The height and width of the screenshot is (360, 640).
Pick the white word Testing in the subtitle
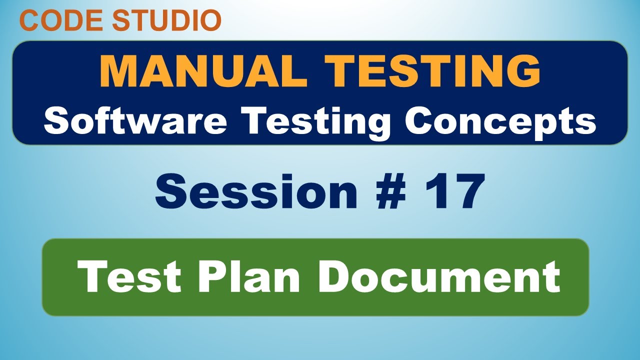coord(317,121)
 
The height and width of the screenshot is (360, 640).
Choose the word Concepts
coord(500,121)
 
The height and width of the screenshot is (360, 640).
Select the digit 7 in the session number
coord(468,190)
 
